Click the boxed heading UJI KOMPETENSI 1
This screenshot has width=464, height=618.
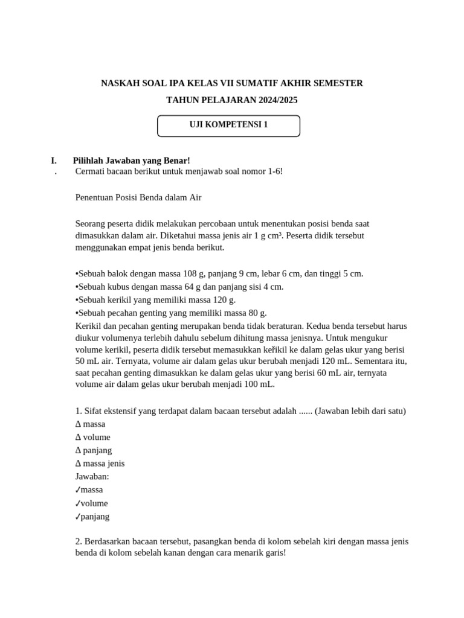coord(228,126)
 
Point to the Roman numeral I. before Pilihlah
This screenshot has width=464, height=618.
coord(54,160)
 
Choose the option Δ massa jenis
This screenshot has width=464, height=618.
coord(100,463)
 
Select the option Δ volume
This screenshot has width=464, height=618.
coord(93,437)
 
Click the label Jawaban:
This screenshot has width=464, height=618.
coord(92,477)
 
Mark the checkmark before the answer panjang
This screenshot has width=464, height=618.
coord(78,517)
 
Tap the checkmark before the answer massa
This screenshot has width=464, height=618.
coord(78,490)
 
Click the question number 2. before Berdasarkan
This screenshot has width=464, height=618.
coord(79,541)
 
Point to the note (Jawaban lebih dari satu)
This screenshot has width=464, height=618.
coord(360,411)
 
